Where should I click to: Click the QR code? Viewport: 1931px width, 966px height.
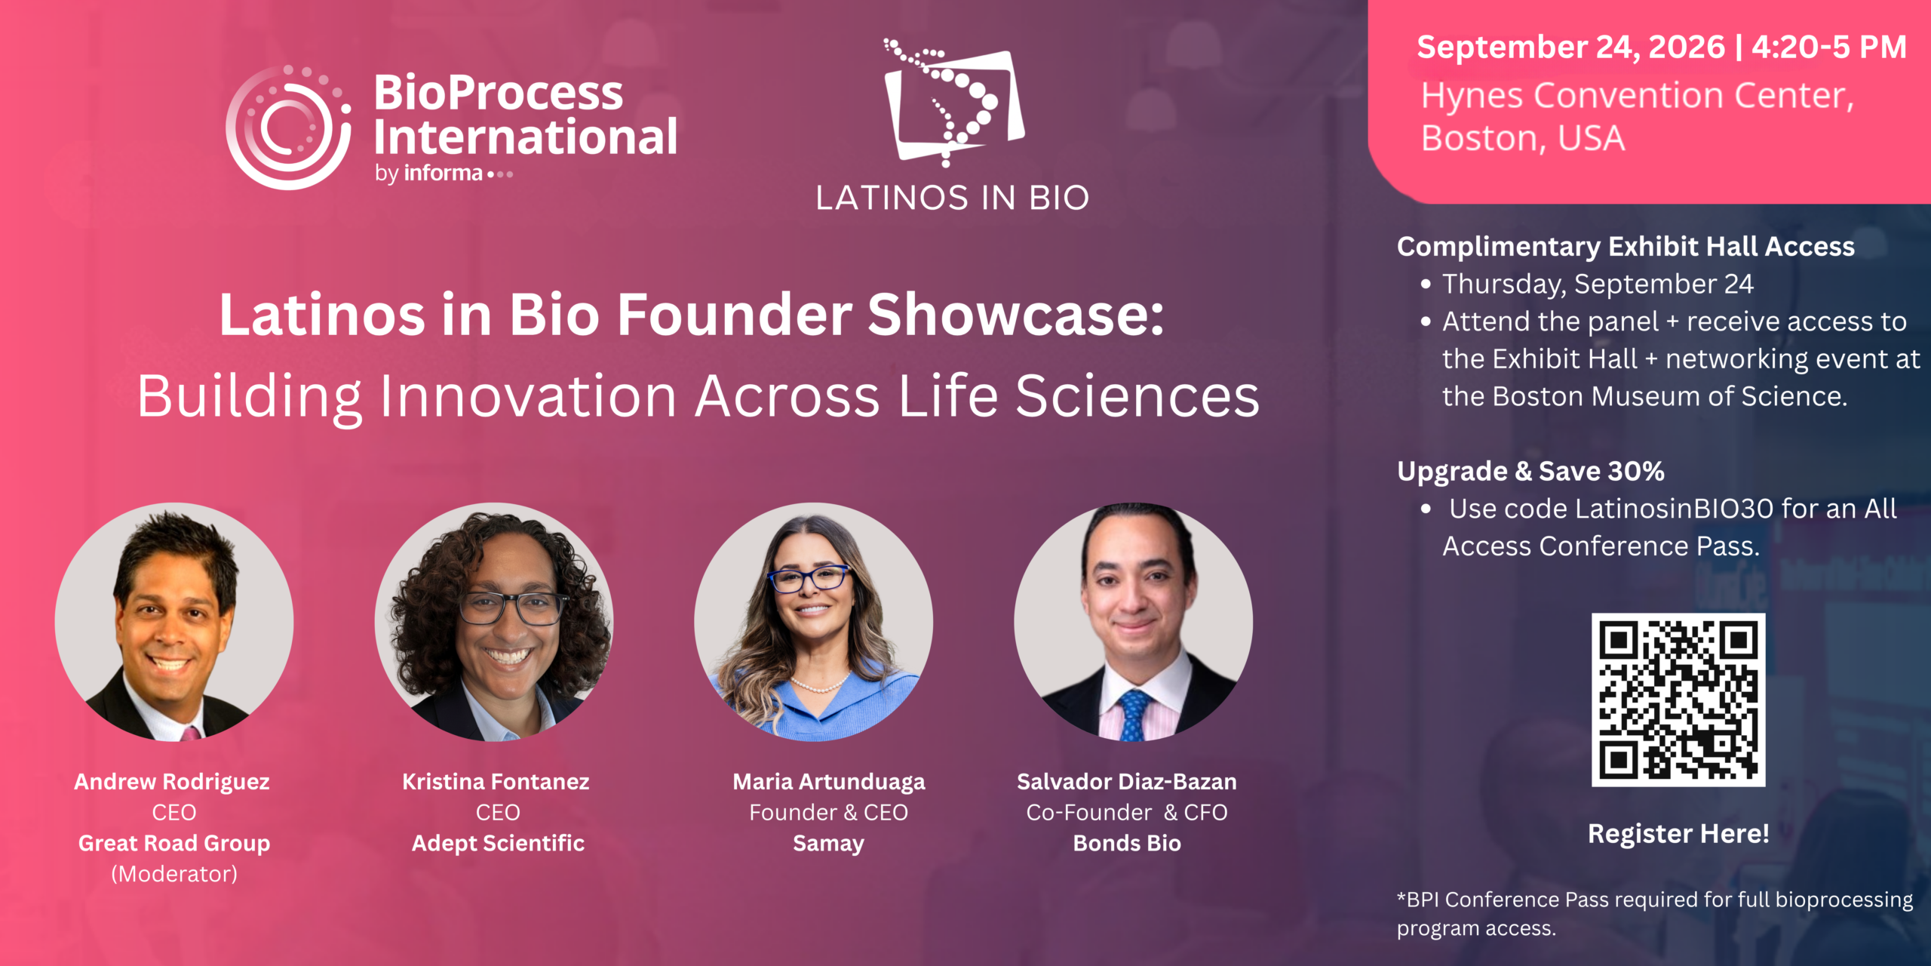tap(1678, 700)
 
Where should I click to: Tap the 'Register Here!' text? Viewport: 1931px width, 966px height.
tap(1678, 834)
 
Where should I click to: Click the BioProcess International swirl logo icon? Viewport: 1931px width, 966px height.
tap(289, 127)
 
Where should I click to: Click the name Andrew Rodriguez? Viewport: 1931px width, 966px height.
tap(172, 782)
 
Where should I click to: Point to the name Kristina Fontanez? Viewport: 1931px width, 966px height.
tap(496, 782)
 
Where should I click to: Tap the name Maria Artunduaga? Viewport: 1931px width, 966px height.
tap(829, 782)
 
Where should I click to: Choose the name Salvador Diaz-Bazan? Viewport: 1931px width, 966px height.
tap(1127, 782)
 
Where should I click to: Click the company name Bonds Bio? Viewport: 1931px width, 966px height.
tap(1127, 843)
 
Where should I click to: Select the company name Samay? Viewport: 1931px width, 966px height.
tap(828, 844)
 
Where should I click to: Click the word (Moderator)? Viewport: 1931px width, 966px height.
tap(174, 874)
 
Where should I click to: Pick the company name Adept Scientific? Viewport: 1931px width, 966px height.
tap(498, 844)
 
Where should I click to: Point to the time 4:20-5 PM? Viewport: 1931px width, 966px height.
tap(1829, 47)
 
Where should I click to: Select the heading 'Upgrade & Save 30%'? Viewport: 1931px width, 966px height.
tap(1530, 471)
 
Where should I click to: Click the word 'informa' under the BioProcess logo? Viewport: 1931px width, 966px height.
tap(444, 174)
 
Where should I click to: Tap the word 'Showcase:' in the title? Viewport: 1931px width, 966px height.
tap(1016, 315)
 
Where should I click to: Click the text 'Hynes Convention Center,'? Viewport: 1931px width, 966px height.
tap(1638, 97)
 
